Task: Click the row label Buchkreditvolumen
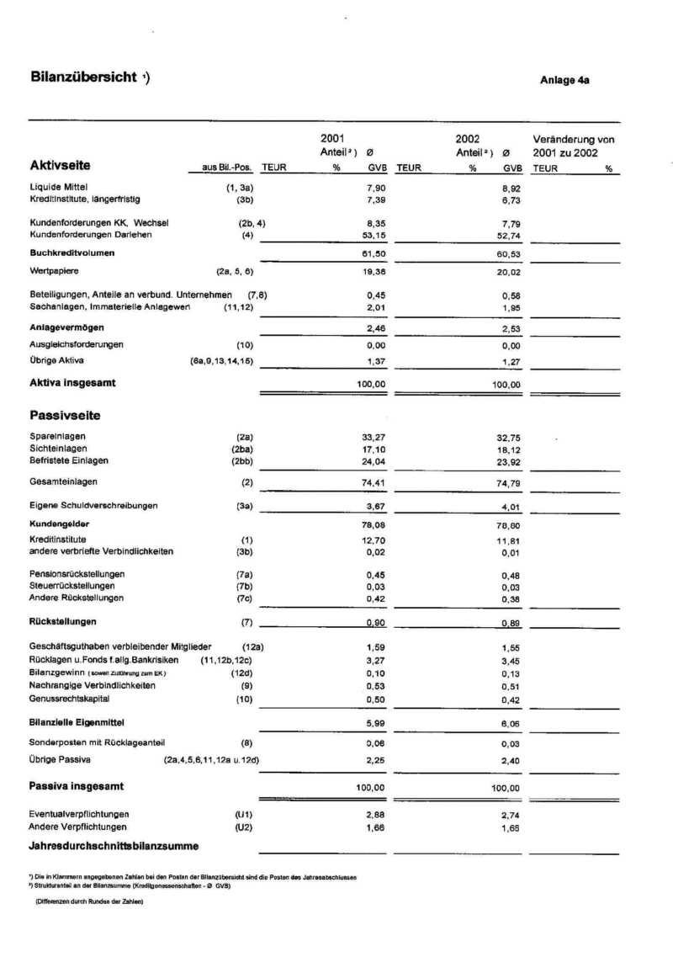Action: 72,252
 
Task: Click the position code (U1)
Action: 245,815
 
